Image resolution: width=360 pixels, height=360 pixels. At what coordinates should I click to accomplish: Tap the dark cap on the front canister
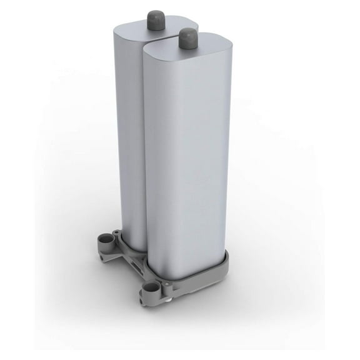(187, 38)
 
